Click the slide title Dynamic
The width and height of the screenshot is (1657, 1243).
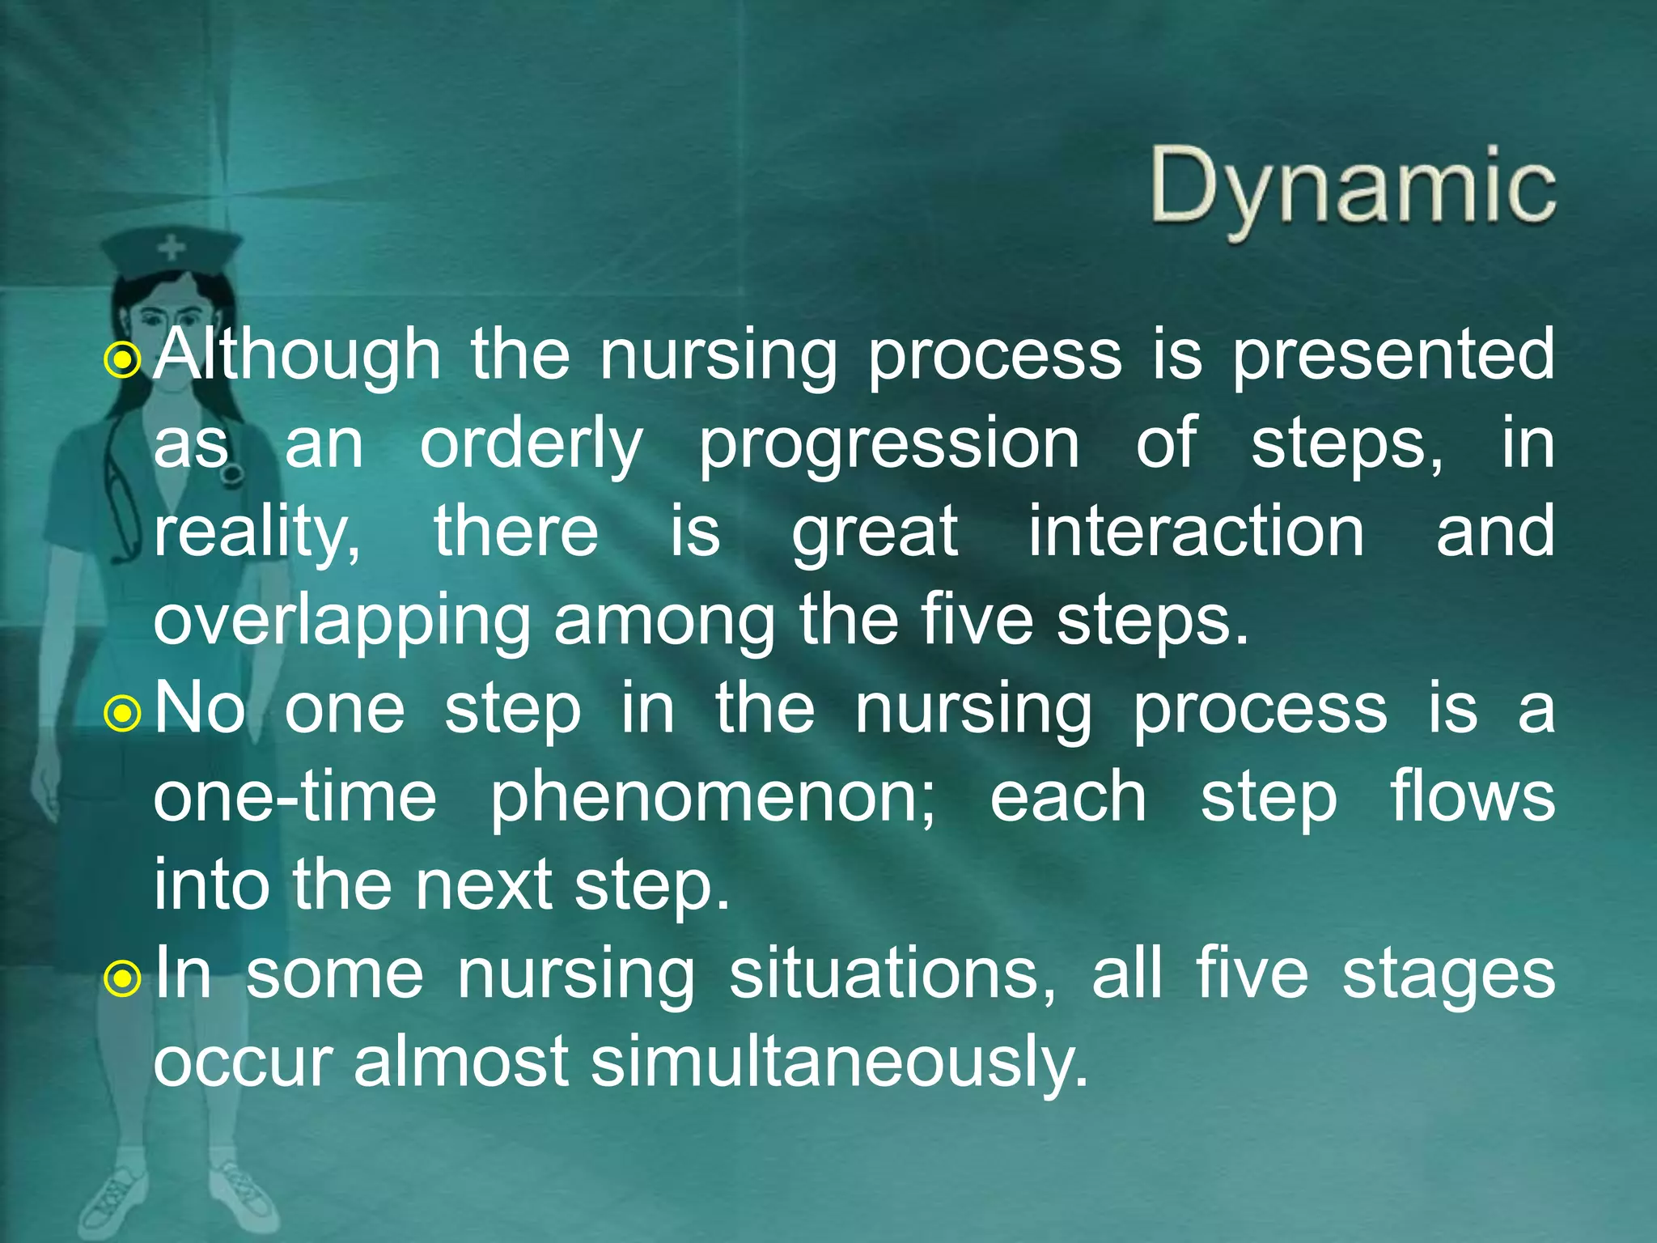point(1353,188)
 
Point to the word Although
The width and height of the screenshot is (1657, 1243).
point(297,356)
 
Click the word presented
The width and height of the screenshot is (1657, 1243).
point(1392,356)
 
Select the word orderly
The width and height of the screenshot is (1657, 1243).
point(531,445)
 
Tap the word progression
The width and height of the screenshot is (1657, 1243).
point(888,445)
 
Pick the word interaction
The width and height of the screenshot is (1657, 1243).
point(1196,532)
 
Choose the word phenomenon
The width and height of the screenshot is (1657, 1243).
point(712,798)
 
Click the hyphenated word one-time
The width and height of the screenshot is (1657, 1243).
point(295,798)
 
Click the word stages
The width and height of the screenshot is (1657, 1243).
point(1448,976)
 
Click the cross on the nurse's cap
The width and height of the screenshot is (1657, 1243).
point(171,246)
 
